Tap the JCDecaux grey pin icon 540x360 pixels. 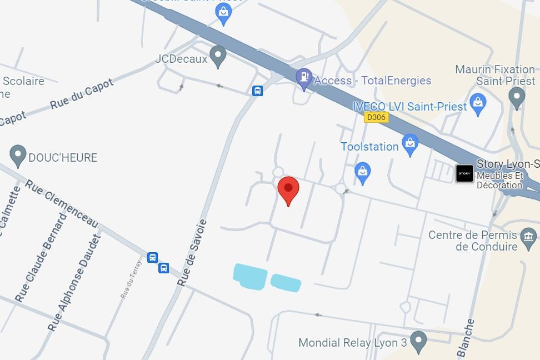[x=218, y=56]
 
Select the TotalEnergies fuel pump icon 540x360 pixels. [x=303, y=79]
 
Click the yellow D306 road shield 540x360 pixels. [x=376, y=117]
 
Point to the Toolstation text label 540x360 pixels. [x=369, y=147]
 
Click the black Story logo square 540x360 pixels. [x=464, y=173]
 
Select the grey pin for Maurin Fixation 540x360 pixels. [x=517, y=98]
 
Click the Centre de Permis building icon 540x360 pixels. [x=528, y=239]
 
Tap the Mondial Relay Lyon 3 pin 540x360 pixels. [x=418, y=341]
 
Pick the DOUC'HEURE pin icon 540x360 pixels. [x=18, y=156]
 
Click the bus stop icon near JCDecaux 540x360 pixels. [x=257, y=91]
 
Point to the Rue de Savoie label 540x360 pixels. [x=192, y=253]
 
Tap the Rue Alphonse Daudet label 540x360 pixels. [x=74, y=282]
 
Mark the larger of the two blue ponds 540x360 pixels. [x=249, y=276]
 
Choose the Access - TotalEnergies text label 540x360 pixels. [x=372, y=81]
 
